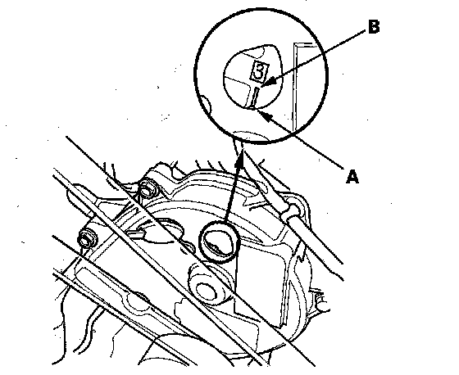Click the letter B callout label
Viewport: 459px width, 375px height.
(374, 27)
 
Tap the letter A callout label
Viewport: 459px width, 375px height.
(352, 177)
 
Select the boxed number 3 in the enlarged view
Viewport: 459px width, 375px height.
(259, 71)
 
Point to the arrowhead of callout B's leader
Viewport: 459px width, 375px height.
(268, 82)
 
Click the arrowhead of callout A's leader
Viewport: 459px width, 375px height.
(263, 114)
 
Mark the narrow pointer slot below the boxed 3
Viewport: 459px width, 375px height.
(254, 98)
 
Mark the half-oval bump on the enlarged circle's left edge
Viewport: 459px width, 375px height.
(207, 106)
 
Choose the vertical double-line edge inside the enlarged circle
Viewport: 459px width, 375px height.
(295, 87)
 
